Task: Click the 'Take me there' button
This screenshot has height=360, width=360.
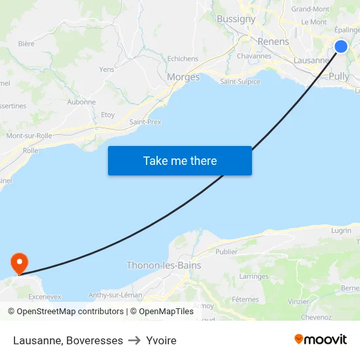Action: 180,160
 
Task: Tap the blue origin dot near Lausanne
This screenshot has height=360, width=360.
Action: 341,46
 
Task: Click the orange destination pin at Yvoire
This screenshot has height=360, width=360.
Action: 20,264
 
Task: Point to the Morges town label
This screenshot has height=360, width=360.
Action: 183,77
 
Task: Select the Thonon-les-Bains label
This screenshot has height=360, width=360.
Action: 164,266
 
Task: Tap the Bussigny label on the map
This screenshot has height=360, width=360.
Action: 236,19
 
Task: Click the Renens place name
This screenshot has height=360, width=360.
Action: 273,41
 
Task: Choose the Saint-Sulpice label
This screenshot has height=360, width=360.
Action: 240,82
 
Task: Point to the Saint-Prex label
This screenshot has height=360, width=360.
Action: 145,122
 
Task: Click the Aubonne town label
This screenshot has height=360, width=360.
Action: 81,102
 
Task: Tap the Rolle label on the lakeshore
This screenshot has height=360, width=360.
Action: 30,151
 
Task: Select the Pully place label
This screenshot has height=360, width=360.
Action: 339,76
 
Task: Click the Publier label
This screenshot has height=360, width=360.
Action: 226,251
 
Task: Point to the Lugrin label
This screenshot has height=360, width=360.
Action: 341,230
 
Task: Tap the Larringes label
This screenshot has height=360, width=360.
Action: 254,277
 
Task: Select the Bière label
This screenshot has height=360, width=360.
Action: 26,44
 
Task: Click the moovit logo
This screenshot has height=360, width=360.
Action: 320,339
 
